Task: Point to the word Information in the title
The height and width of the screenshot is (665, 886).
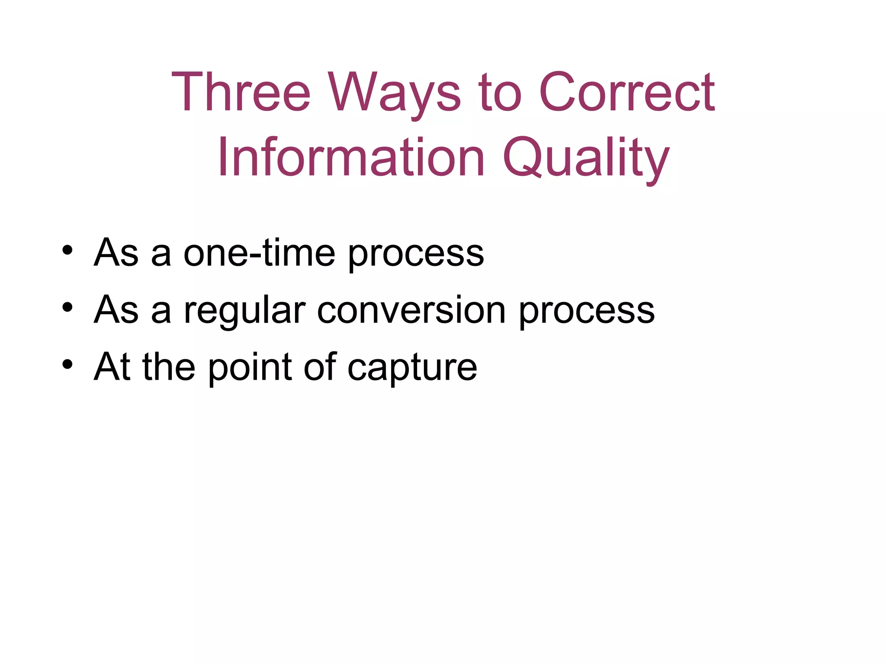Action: coord(351,158)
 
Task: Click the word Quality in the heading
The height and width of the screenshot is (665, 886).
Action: coord(586,158)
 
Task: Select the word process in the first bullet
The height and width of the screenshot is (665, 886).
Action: coord(416,255)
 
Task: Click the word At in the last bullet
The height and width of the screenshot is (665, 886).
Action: coord(112,367)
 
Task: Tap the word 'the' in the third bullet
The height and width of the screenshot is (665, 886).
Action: coord(169,367)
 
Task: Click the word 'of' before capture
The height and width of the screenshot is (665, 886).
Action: coord(320,367)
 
